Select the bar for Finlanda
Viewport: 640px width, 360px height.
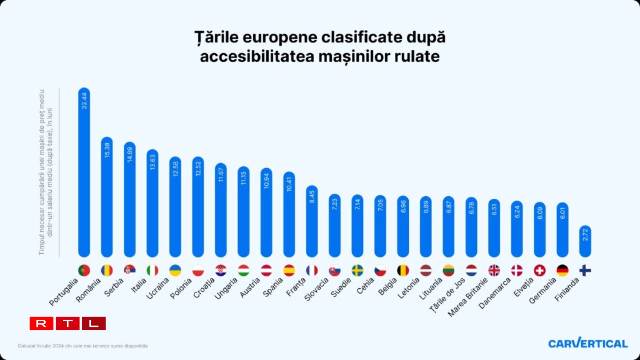tap(585, 241)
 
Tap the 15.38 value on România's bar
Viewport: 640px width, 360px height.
tap(107, 150)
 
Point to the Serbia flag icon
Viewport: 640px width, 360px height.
tap(129, 270)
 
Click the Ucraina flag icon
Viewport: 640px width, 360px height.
tap(175, 270)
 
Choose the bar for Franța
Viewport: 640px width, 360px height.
tap(312, 222)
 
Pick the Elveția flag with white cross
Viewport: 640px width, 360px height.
tap(539, 270)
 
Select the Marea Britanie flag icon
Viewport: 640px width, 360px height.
tap(494, 270)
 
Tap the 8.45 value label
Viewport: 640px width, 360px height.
tap(312, 197)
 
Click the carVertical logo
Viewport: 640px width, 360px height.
tap(587, 343)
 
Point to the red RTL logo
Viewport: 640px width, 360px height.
tap(68, 323)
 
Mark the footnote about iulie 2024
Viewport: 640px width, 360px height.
tap(83, 346)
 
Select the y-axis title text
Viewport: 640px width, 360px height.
tap(45, 172)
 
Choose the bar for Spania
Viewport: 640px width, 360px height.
tap(289, 215)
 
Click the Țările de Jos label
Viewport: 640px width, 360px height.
tap(447, 296)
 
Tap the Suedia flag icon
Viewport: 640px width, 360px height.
tap(357, 270)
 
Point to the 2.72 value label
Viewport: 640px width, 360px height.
tap(585, 235)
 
